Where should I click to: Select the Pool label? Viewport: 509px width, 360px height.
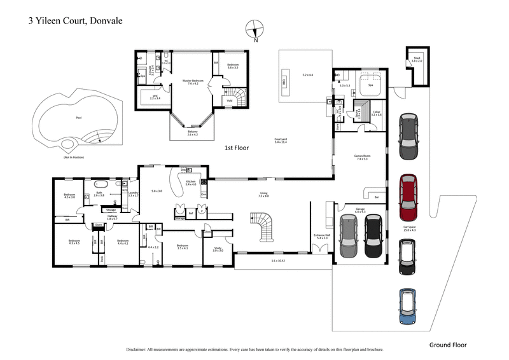79,118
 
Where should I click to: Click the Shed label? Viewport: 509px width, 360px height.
417,59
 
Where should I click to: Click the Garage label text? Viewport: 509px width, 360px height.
359,209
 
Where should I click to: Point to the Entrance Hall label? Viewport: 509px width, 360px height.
322,235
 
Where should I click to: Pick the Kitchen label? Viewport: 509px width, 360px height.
190,181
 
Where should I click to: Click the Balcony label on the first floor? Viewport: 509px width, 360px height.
193,132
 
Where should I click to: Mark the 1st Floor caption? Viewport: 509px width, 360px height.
235,148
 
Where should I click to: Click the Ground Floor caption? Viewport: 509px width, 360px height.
447,345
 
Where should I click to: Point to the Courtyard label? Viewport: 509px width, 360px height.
280,139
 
